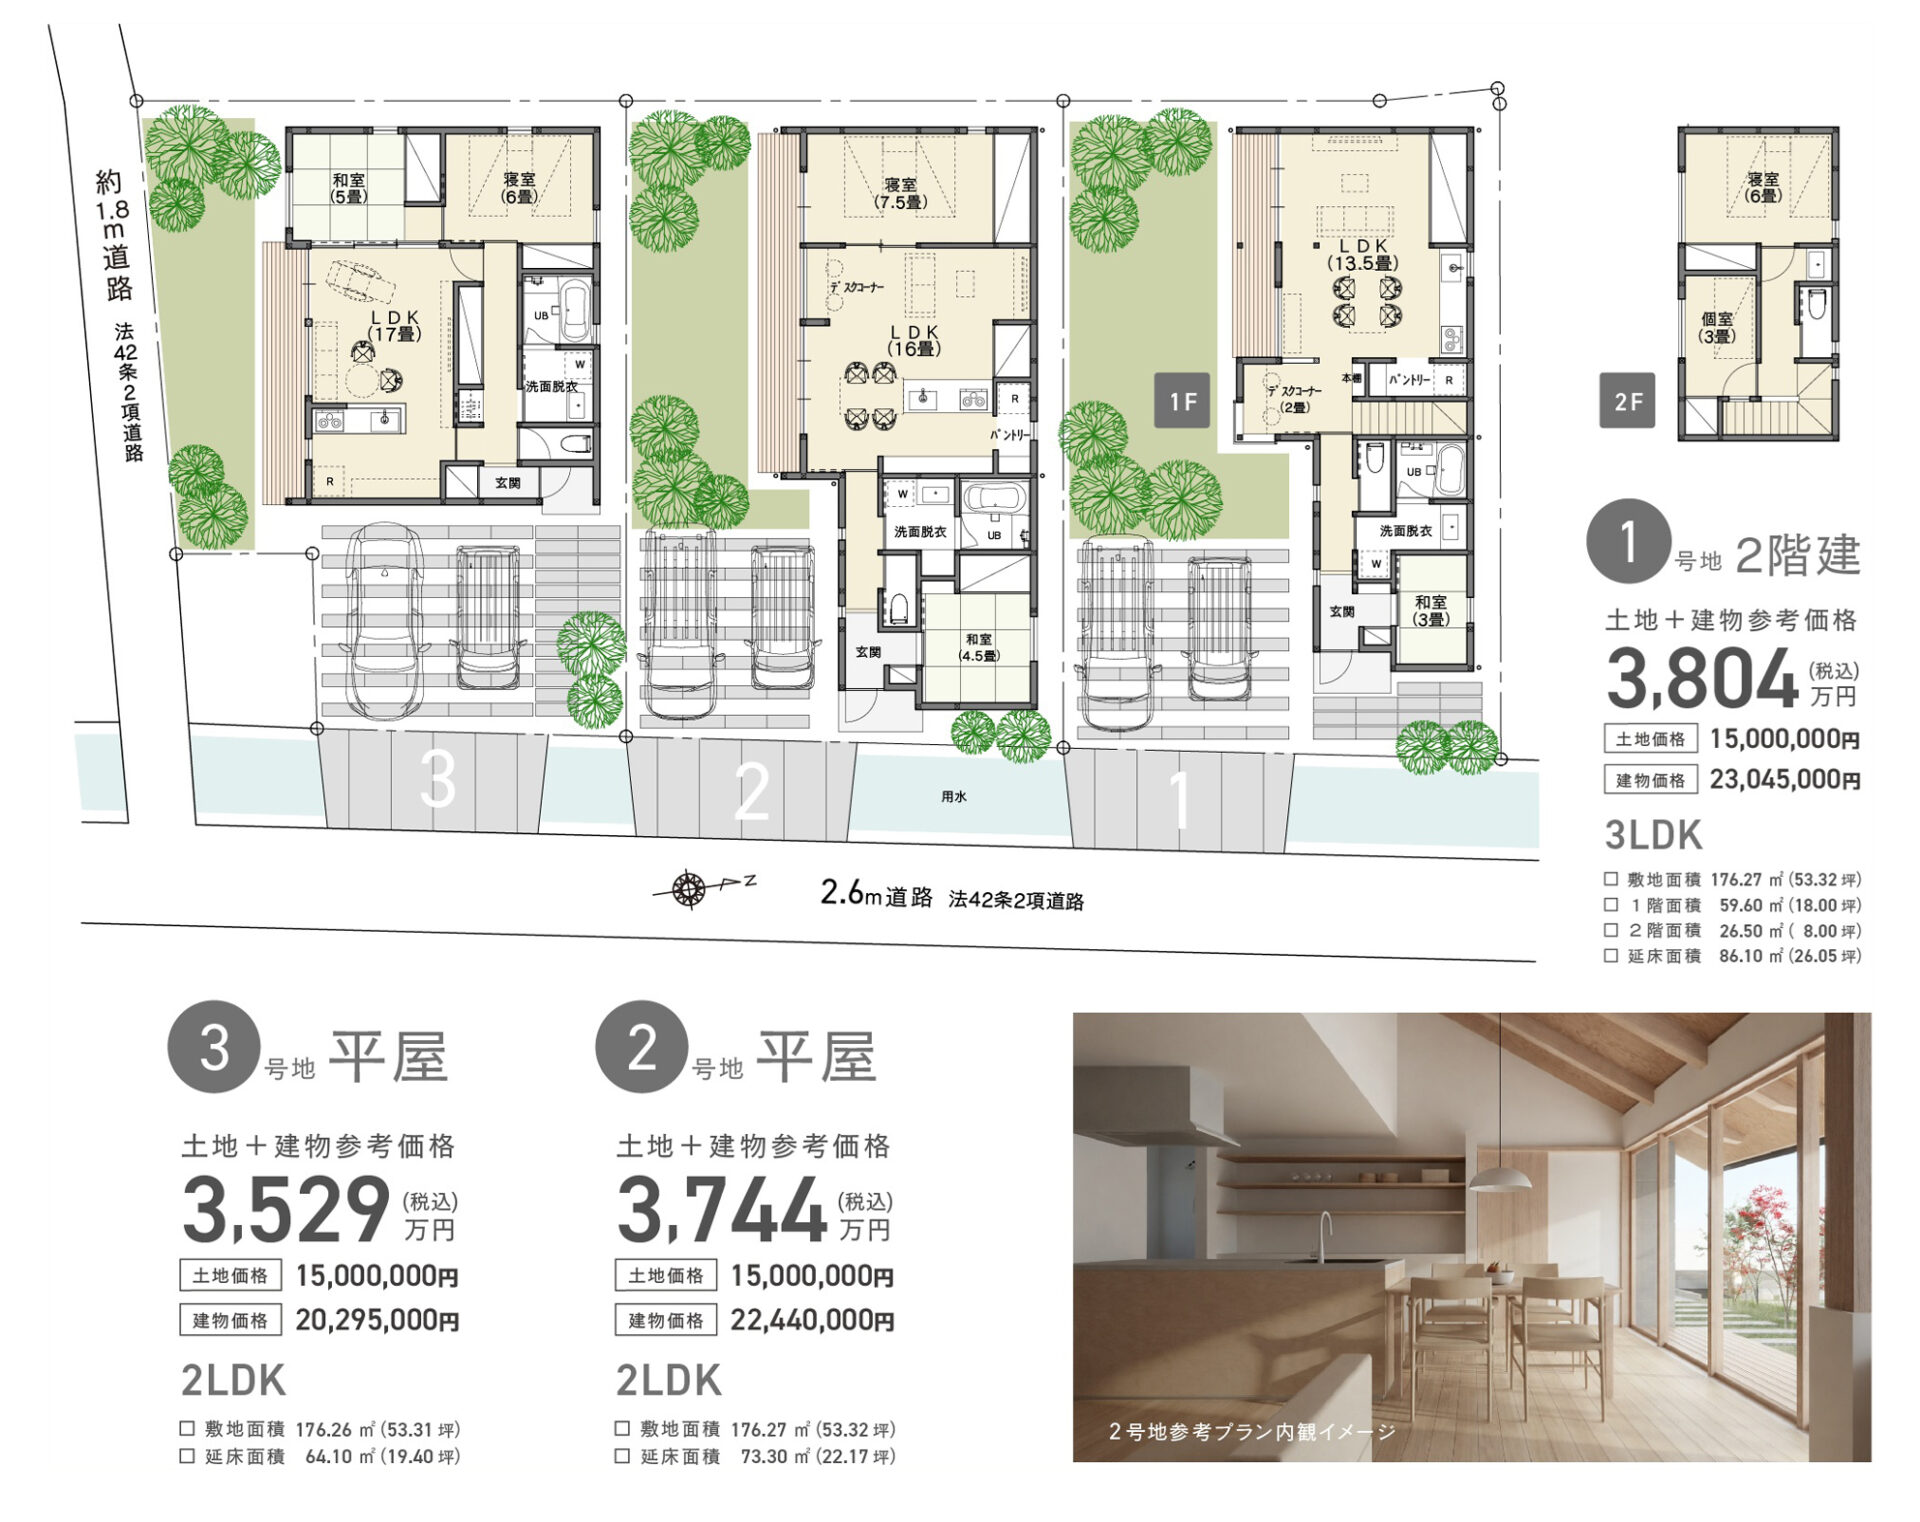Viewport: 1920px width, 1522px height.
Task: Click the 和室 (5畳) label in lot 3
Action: point(348,188)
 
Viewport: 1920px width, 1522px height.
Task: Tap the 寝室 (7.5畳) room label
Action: point(900,193)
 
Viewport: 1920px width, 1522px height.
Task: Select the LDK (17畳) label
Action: point(395,326)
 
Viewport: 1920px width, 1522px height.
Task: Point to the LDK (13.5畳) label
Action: point(1362,254)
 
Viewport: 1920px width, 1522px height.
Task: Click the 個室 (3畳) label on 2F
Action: point(1717,328)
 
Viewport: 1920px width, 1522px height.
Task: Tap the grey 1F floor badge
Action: point(1182,401)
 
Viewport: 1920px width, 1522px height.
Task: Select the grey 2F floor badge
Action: point(1627,401)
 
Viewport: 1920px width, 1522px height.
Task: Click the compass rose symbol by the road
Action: point(688,888)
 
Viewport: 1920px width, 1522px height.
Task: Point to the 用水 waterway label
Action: point(953,797)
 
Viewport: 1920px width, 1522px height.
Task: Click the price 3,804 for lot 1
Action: point(1703,680)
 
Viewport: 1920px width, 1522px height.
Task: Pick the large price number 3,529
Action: point(286,1210)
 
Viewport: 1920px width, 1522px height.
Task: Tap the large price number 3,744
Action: point(721,1210)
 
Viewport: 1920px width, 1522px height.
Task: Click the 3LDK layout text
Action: point(1653,835)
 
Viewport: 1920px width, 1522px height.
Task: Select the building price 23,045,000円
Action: point(1785,779)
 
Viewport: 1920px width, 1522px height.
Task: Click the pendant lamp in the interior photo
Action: point(1498,1177)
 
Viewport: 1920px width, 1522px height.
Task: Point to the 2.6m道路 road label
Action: point(876,894)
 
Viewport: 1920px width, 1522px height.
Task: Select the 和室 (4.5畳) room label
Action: point(978,647)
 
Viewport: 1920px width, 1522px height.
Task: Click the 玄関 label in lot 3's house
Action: point(507,483)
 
